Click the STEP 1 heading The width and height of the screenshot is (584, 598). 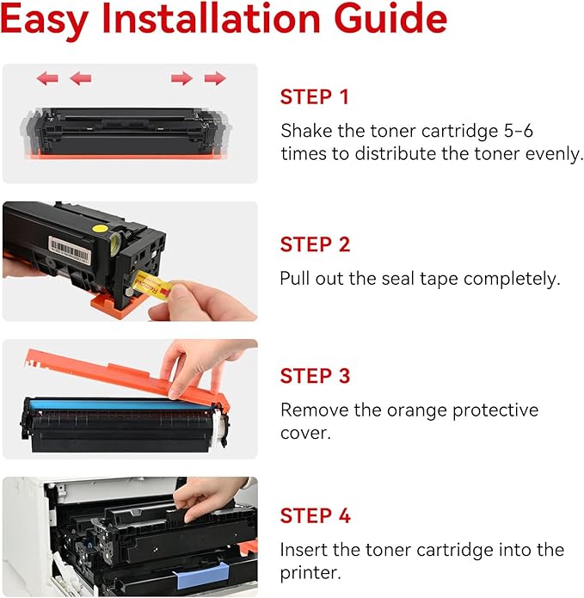315,97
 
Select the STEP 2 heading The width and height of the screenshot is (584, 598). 315,245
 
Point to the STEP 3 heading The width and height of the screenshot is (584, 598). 315,376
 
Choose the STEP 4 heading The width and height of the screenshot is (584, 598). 315,516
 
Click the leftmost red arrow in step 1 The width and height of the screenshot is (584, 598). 47,78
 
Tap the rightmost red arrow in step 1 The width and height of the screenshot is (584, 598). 215,78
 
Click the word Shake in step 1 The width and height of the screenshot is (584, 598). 304,131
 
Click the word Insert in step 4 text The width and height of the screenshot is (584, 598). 303,550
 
